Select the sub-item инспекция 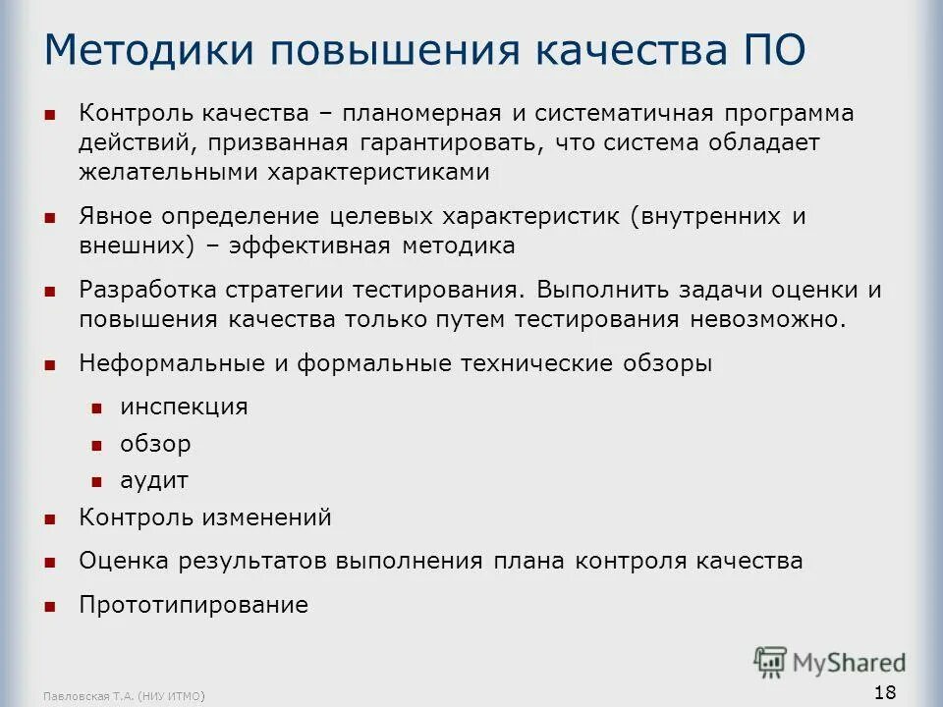tap(184, 407)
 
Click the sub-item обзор tap(155, 444)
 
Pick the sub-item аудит tap(153, 481)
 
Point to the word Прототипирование tap(194, 605)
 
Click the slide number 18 tap(884, 692)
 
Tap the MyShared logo tap(830, 661)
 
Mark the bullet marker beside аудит tap(97, 482)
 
